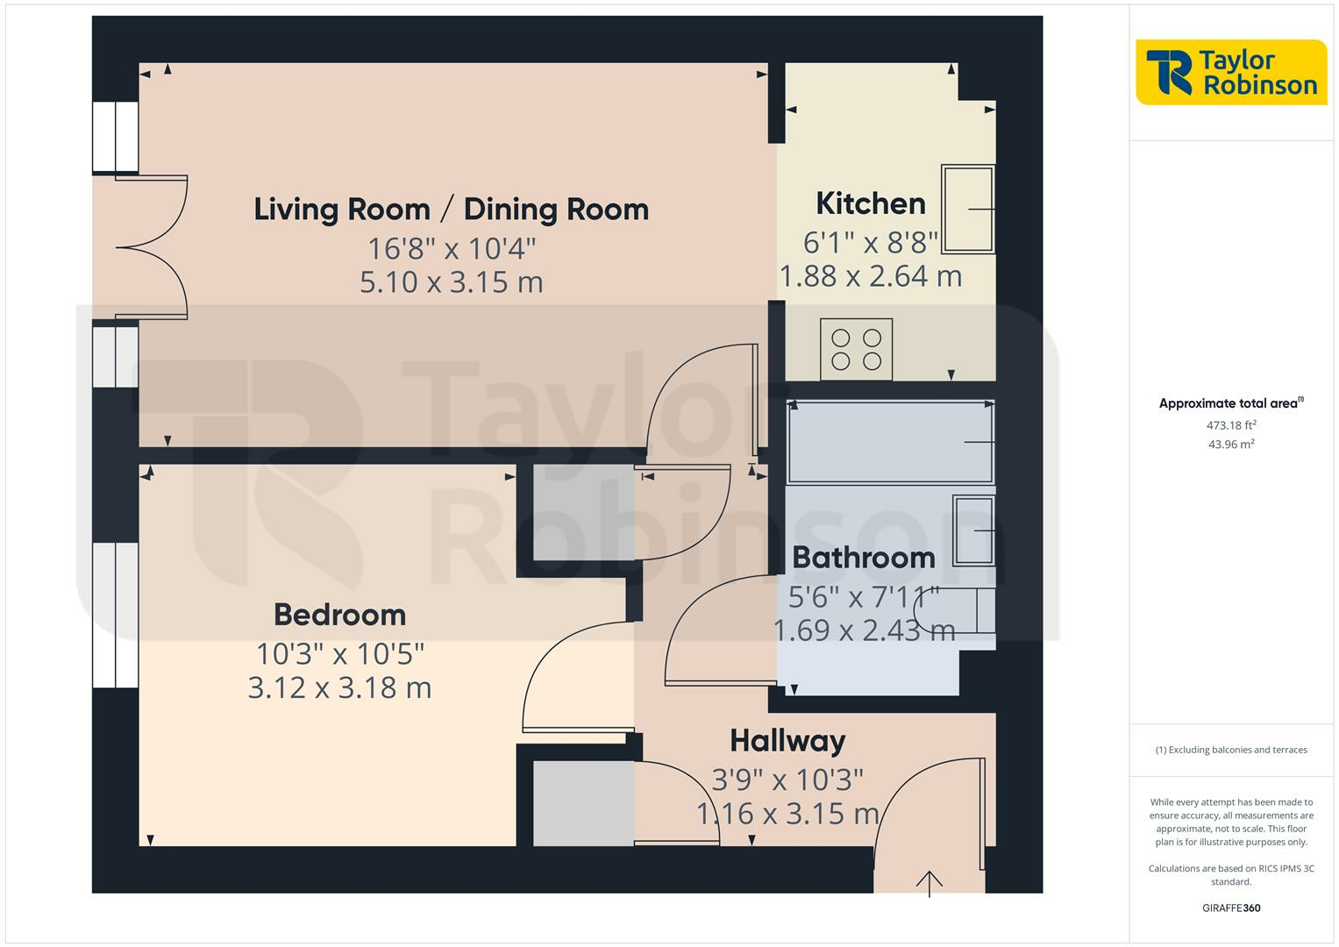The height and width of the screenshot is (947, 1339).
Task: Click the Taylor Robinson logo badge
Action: (1231, 73)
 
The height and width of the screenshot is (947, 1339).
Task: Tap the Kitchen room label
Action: (870, 203)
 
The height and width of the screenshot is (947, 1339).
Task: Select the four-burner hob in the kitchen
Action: (856, 349)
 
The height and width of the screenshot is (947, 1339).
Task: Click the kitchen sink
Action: (968, 209)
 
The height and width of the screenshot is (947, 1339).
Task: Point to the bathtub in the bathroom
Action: (890, 442)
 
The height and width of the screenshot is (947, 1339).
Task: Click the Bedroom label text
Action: (339, 615)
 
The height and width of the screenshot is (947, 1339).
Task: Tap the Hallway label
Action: (787, 741)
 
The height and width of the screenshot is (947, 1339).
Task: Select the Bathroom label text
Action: (863, 558)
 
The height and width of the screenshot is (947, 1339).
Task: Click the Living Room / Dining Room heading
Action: (451, 210)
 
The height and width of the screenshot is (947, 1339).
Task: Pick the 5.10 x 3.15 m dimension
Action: (451, 282)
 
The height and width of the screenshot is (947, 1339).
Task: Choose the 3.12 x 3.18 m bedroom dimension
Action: (339, 687)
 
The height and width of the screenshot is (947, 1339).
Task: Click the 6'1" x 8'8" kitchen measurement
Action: (870, 241)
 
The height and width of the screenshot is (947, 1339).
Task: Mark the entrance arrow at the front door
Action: (929, 882)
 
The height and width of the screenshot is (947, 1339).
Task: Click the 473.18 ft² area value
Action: (1231, 425)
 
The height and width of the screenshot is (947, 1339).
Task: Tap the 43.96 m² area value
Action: (1231, 445)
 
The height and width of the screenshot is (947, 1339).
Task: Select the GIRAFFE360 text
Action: (1231, 908)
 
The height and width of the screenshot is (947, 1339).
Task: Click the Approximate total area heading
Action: (1229, 404)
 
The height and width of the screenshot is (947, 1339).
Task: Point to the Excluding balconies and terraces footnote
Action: (1231, 750)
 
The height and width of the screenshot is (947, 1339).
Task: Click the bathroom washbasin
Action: (973, 530)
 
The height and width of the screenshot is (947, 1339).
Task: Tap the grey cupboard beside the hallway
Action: (583, 803)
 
